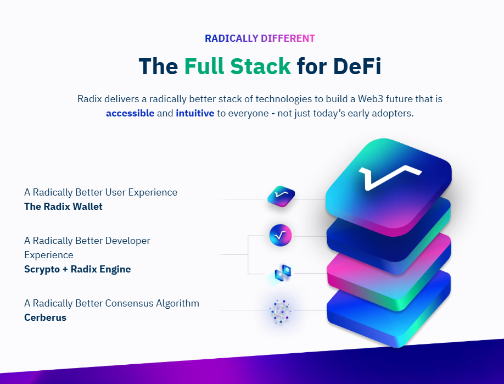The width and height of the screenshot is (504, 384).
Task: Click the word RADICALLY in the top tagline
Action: pos(232,38)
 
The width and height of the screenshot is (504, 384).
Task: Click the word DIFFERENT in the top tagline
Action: pos(288,38)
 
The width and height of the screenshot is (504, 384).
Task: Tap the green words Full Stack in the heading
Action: pos(237,66)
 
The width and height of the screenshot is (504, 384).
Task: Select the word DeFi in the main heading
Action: pos(357,66)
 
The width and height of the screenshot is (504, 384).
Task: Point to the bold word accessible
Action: pos(130,114)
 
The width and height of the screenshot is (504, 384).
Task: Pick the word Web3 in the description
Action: pos(371,99)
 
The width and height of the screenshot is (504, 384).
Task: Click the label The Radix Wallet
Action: pos(63,207)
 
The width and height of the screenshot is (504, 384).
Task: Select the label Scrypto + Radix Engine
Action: pos(77,269)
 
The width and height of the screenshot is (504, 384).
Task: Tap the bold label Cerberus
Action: pos(45,317)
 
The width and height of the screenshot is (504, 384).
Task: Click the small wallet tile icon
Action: pos(281,196)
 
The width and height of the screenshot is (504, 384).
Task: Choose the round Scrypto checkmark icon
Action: pos(281,235)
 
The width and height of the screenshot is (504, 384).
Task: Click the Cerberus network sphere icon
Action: pos(281,311)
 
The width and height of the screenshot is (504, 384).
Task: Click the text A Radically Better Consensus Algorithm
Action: pos(111,303)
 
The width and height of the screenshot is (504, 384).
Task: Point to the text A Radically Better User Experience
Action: pos(100,192)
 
